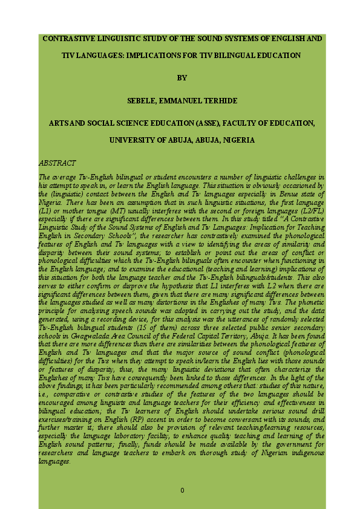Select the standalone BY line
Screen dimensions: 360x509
182,78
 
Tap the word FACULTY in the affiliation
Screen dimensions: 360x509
242,123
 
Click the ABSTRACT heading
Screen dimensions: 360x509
57,163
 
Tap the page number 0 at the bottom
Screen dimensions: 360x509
182,490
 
